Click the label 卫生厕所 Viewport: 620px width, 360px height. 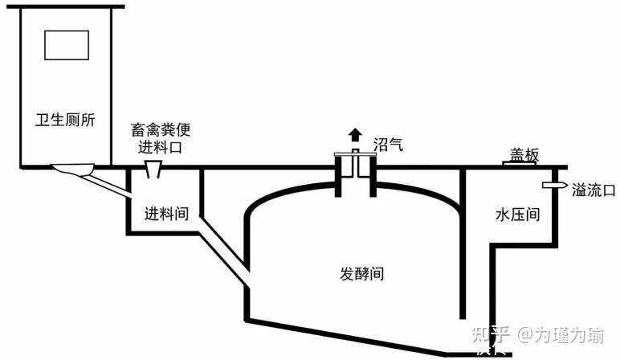click(66, 121)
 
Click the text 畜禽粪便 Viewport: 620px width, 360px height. click(161, 130)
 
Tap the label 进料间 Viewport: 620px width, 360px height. click(166, 214)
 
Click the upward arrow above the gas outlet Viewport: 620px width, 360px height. click(354, 135)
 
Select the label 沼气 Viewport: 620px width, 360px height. click(387, 145)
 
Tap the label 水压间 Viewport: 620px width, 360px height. click(516, 215)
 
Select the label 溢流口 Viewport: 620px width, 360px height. click(593, 190)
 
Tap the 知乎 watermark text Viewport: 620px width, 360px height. click(491, 334)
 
